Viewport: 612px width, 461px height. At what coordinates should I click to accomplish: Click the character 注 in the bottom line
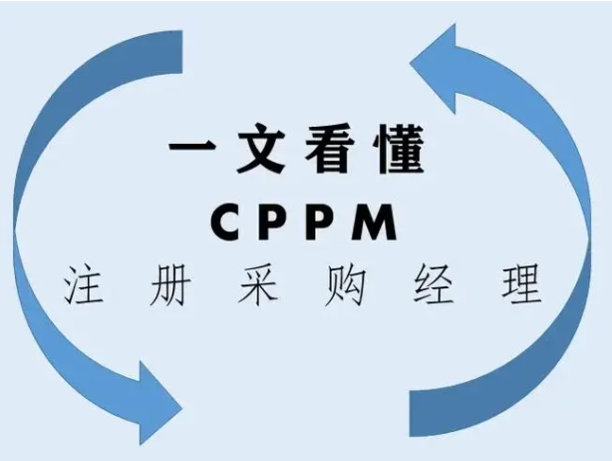(87, 286)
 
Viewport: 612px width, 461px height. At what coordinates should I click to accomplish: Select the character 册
(177, 286)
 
